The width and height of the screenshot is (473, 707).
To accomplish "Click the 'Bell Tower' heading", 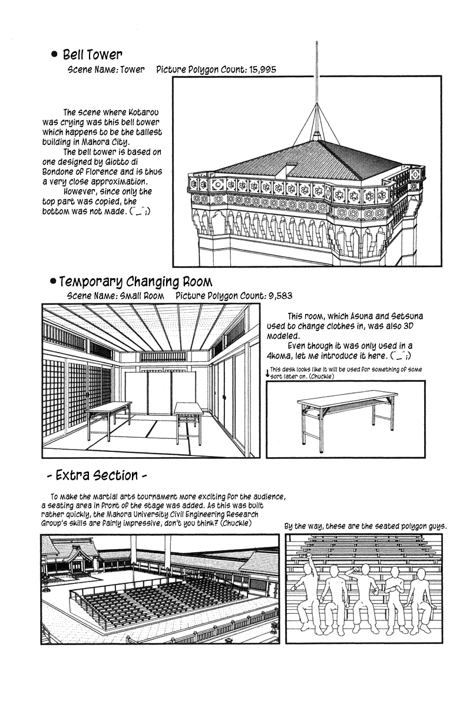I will tap(92, 55).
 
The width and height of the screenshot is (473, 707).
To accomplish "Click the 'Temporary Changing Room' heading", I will tap(135, 282).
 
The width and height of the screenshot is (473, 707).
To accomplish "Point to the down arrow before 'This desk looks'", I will tap(267, 372).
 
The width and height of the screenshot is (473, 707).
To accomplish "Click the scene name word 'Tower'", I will tap(133, 70).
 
